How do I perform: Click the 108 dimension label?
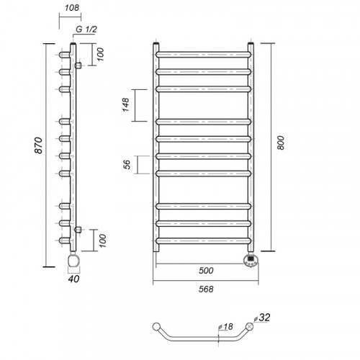tap(72, 8)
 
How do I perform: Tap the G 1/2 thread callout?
tap(86, 30)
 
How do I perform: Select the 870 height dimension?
tap(39, 145)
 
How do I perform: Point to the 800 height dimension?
tap(281, 143)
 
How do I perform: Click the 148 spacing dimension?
tap(126, 105)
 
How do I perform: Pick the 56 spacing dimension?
tap(127, 164)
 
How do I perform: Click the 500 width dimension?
tap(206, 271)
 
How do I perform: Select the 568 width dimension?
tap(206, 289)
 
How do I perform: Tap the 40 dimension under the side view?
tap(73, 279)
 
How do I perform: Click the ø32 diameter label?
tap(261, 318)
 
